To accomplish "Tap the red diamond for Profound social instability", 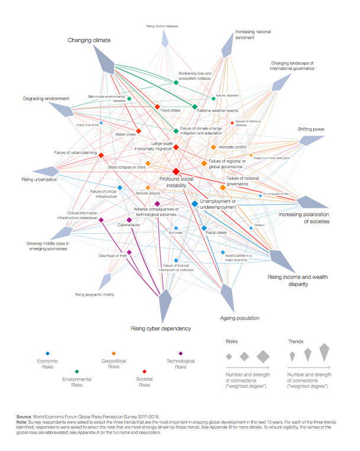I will pos(175,170).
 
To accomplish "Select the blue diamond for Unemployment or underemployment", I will pos(195,204).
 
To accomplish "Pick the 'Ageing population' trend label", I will pos(240,318).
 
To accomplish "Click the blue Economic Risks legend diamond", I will pos(48,353).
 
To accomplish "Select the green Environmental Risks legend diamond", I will pos(77,371).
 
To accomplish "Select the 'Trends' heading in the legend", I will pos(295,342).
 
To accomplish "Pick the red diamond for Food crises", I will pos(157,107).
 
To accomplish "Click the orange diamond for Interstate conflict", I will pos(214,147).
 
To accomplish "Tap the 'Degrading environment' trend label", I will pos(46,98).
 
